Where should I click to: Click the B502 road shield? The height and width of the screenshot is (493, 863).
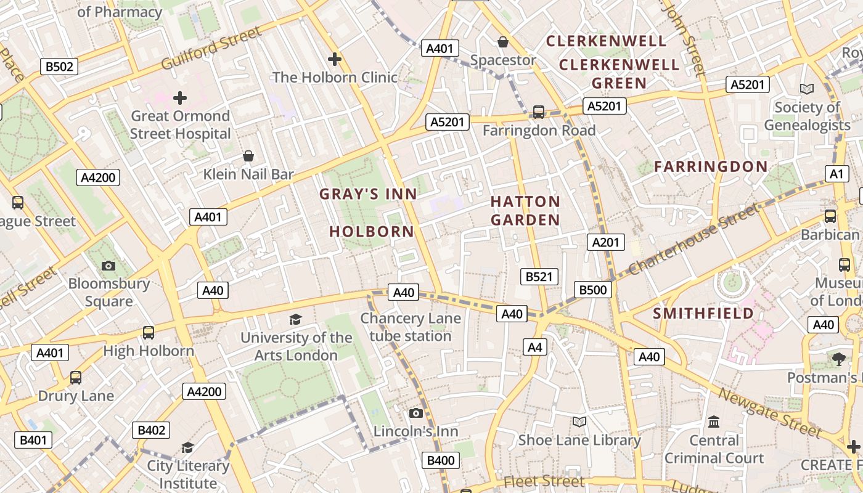pyautogui.click(x=59, y=67)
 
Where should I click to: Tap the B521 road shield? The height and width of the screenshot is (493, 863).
pyautogui.click(x=539, y=277)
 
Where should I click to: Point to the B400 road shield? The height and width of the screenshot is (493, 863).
pyautogui.click(x=441, y=460)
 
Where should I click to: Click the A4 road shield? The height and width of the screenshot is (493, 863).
pyautogui.click(x=534, y=347)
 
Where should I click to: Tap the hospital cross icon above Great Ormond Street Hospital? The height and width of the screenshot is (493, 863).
pyautogui.click(x=180, y=98)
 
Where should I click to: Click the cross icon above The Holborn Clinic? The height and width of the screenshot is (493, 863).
pyautogui.click(x=335, y=59)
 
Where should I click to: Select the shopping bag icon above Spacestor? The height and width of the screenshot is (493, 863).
pyautogui.click(x=503, y=42)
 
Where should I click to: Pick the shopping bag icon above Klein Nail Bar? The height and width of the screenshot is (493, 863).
pyautogui.click(x=248, y=156)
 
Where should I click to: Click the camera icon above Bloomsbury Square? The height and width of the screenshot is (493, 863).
pyautogui.click(x=108, y=266)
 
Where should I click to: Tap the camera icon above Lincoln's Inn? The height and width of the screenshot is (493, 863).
pyautogui.click(x=416, y=413)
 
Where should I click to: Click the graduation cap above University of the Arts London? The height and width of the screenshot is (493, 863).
pyautogui.click(x=296, y=319)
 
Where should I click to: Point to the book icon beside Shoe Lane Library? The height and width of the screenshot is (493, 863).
pyautogui.click(x=579, y=422)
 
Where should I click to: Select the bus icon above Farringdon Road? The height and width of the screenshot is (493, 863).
pyautogui.click(x=539, y=112)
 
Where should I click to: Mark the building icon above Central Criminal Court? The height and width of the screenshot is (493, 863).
pyautogui.click(x=714, y=422)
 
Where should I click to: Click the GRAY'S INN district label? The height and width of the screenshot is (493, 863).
pyautogui.click(x=368, y=194)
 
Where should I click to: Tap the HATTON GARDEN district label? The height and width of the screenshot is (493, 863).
pyautogui.click(x=525, y=211)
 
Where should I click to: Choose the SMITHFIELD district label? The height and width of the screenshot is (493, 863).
pyautogui.click(x=703, y=313)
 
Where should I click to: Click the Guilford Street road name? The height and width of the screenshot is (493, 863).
pyautogui.click(x=211, y=47)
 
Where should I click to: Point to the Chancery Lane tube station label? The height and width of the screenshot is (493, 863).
pyautogui.click(x=411, y=327)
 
